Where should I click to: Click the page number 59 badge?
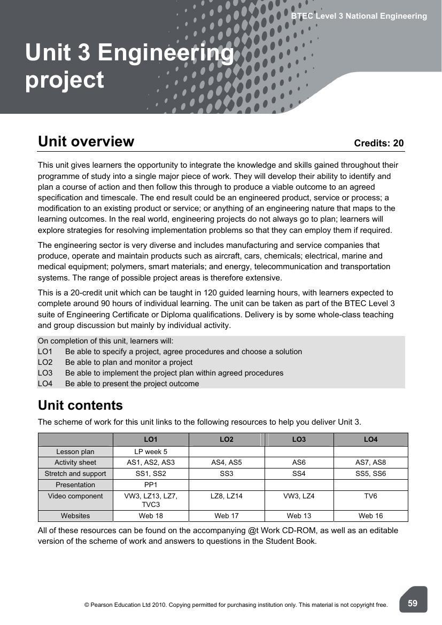pos(413,603)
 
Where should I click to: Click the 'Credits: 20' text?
pos(378,143)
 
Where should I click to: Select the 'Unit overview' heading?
pos(86,142)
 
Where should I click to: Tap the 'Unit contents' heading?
pos(80,405)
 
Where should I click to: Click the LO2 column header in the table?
pos(227,440)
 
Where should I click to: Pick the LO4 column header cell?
pos(370,440)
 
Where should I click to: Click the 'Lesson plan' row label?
pos(75,451)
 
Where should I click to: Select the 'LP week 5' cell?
pos(151,451)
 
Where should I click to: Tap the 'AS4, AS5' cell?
pos(227,463)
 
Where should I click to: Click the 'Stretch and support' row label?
pos(75,474)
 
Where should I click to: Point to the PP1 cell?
pos(151,485)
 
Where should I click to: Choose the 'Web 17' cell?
pos(227,516)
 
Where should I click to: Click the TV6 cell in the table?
pos(370,496)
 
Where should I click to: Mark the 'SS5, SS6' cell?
pos(370,474)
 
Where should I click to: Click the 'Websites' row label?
pos(75,516)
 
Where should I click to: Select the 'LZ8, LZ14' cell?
pos(227,496)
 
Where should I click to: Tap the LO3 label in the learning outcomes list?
pos(45,373)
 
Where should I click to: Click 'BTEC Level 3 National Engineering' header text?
pos(359,16)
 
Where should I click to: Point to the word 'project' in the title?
pos(65,80)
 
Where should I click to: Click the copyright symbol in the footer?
pos(87,605)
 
